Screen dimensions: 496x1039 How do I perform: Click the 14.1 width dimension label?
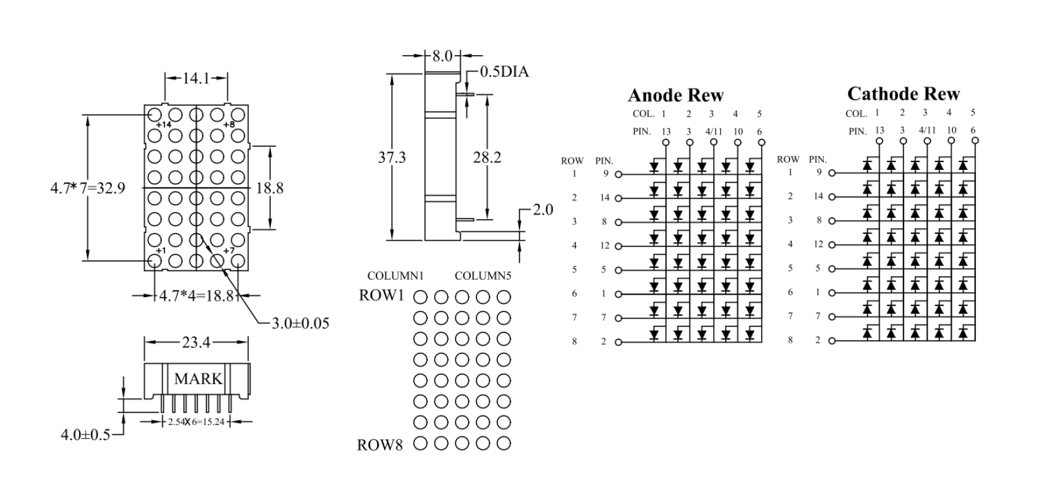pos(196,79)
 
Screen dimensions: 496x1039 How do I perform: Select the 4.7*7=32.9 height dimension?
pos(87,188)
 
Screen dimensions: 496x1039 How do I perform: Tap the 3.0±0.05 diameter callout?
pos(300,323)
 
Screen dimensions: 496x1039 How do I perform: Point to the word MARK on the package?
pos(198,379)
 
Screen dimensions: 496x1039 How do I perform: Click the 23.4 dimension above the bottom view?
pos(196,343)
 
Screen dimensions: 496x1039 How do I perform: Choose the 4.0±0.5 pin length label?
pos(85,435)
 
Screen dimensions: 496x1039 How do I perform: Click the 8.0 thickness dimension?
pos(443,56)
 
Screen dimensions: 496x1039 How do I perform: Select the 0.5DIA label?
pos(504,72)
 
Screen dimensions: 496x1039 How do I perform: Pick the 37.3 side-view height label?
pos(392,158)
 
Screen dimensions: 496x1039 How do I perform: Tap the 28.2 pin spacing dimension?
pos(487,158)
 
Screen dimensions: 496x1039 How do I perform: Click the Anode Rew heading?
pos(675,96)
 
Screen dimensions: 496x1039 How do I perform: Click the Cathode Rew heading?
pos(903,94)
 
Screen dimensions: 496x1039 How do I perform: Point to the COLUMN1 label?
pos(395,276)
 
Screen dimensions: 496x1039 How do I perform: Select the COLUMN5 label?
pos(483,276)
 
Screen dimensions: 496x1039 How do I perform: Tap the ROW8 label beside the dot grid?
pos(380,445)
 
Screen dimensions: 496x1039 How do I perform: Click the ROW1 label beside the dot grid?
pos(381,295)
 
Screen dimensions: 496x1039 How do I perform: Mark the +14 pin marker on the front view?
pos(164,125)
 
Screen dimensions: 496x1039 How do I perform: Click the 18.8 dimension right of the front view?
pos(270,188)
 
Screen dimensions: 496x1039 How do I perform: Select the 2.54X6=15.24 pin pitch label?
pos(196,422)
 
